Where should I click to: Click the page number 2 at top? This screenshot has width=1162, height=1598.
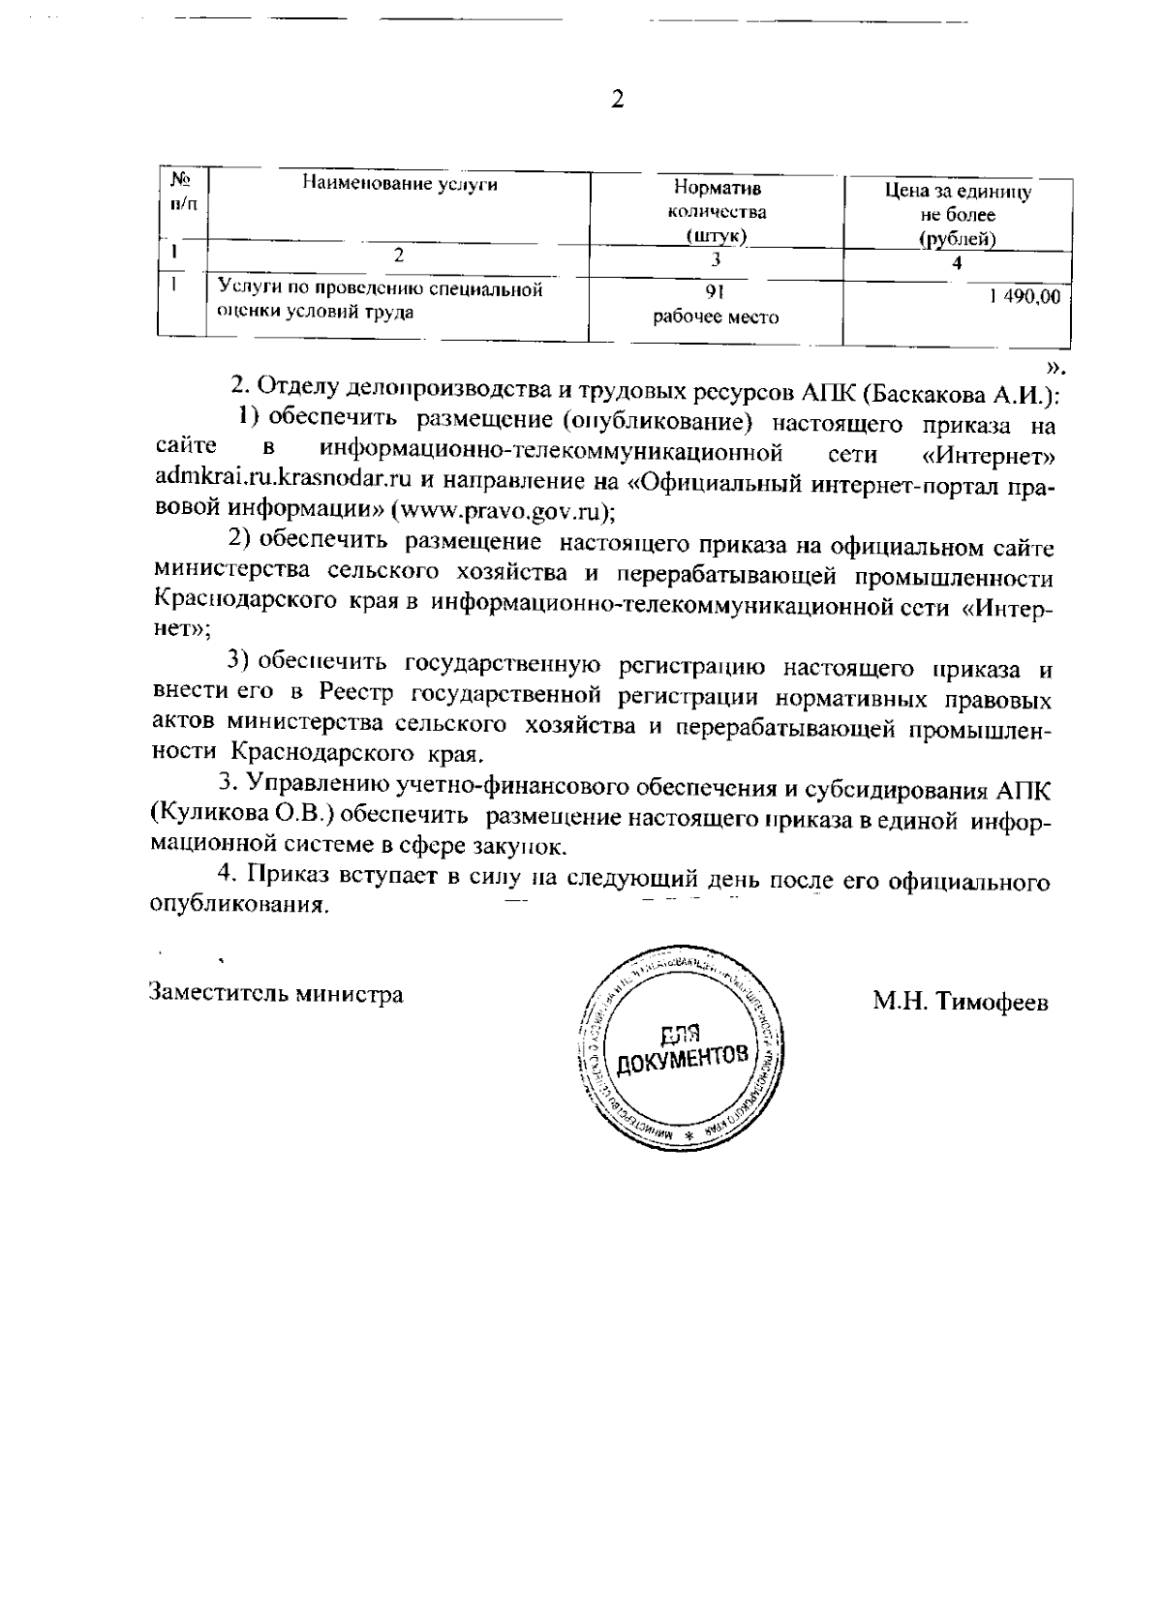tap(617, 100)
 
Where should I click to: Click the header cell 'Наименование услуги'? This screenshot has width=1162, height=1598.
tap(400, 184)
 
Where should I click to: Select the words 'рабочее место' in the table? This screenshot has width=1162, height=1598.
tap(717, 317)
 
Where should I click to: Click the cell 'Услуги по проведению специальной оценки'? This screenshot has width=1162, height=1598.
tap(380, 299)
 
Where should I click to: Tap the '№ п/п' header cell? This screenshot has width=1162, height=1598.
tap(181, 191)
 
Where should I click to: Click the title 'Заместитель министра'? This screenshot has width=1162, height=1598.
tap(276, 994)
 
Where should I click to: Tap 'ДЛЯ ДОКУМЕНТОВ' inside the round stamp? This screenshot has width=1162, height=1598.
tap(684, 1049)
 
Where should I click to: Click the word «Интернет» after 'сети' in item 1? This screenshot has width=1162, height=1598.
tap(990, 453)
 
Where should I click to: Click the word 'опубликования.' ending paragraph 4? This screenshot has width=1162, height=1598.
tap(236, 907)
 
